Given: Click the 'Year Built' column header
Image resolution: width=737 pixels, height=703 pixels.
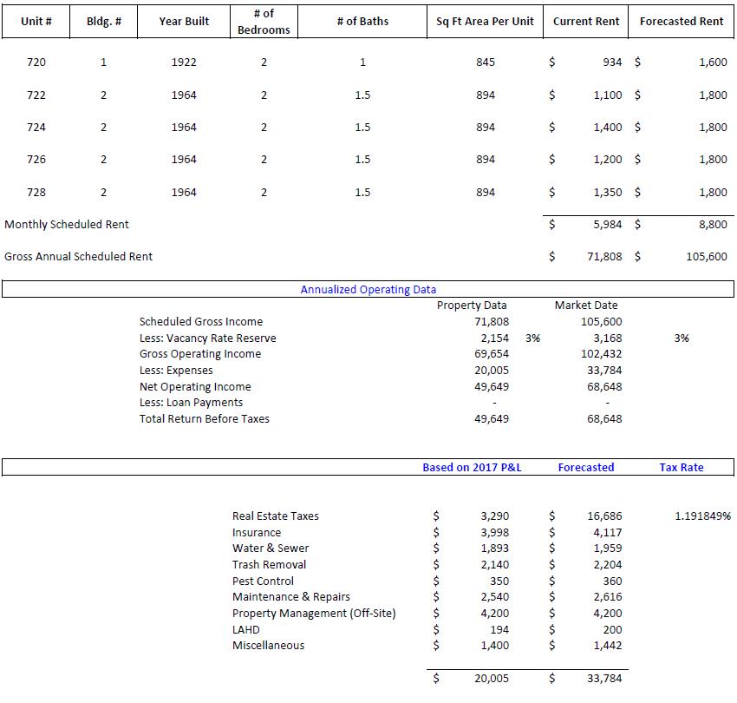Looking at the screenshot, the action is (x=184, y=21).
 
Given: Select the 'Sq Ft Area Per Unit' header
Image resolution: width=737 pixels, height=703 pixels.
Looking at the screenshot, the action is (x=485, y=21).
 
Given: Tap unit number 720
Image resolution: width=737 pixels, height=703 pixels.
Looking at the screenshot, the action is (x=36, y=62).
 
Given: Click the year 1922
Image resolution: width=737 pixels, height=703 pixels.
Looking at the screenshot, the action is (x=184, y=62).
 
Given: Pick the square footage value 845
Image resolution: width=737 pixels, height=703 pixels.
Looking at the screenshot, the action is (x=486, y=62).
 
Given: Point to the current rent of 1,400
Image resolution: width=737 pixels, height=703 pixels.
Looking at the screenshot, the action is (x=608, y=127).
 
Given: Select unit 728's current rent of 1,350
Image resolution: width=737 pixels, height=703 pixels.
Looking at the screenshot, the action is (x=608, y=192).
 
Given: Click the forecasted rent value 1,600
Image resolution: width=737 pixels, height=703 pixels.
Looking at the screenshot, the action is (x=713, y=62).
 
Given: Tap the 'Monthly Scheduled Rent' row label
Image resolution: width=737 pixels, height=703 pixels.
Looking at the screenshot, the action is (x=66, y=225).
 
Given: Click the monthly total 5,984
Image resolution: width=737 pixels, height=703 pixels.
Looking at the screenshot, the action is (x=608, y=225).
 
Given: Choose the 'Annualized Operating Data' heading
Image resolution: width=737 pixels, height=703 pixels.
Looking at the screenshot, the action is (x=368, y=289).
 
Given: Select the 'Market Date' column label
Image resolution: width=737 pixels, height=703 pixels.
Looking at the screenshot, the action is (x=586, y=305).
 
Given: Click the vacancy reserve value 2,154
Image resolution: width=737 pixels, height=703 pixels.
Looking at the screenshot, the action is (x=495, y=338).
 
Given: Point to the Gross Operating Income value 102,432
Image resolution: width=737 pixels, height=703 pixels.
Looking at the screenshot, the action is (x=601, y=354).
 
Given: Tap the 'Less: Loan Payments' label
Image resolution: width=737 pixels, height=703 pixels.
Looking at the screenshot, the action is (x=191, y=403).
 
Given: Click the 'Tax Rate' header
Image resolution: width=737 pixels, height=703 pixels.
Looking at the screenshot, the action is (x=681, y=467).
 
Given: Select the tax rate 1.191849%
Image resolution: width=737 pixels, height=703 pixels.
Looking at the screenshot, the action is (x=702, y=516).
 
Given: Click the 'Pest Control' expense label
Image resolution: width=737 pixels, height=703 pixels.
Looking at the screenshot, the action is (x=263, y=581).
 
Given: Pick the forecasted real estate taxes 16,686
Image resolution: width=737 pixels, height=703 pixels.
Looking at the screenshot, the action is (x=604, y=516).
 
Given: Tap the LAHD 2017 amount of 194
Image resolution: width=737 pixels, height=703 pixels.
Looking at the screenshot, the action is (x=499, y=629).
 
